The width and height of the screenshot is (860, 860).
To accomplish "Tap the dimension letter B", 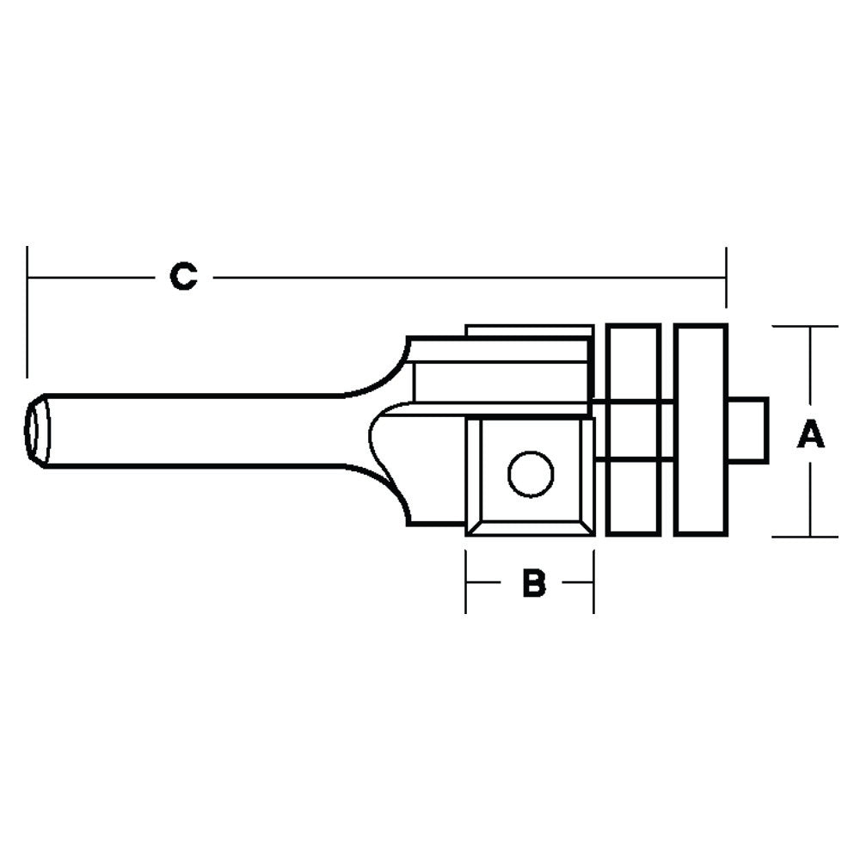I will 534,583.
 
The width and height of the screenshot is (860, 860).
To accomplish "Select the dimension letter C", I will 182,277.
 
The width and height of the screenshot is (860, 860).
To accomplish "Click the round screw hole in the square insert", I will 530,474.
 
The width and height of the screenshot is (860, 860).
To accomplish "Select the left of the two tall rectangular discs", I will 633,429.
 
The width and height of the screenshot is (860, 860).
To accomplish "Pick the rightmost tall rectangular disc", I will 701,429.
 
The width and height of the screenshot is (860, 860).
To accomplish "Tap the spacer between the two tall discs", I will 667,429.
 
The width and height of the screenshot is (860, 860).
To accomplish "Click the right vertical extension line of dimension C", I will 727,277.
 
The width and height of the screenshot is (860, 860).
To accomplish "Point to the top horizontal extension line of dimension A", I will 805,326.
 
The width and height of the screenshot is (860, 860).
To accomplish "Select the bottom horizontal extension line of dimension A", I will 805,537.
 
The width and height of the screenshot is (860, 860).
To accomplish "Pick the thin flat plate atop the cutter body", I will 528,330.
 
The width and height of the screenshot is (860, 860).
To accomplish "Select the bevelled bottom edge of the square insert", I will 530,527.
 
